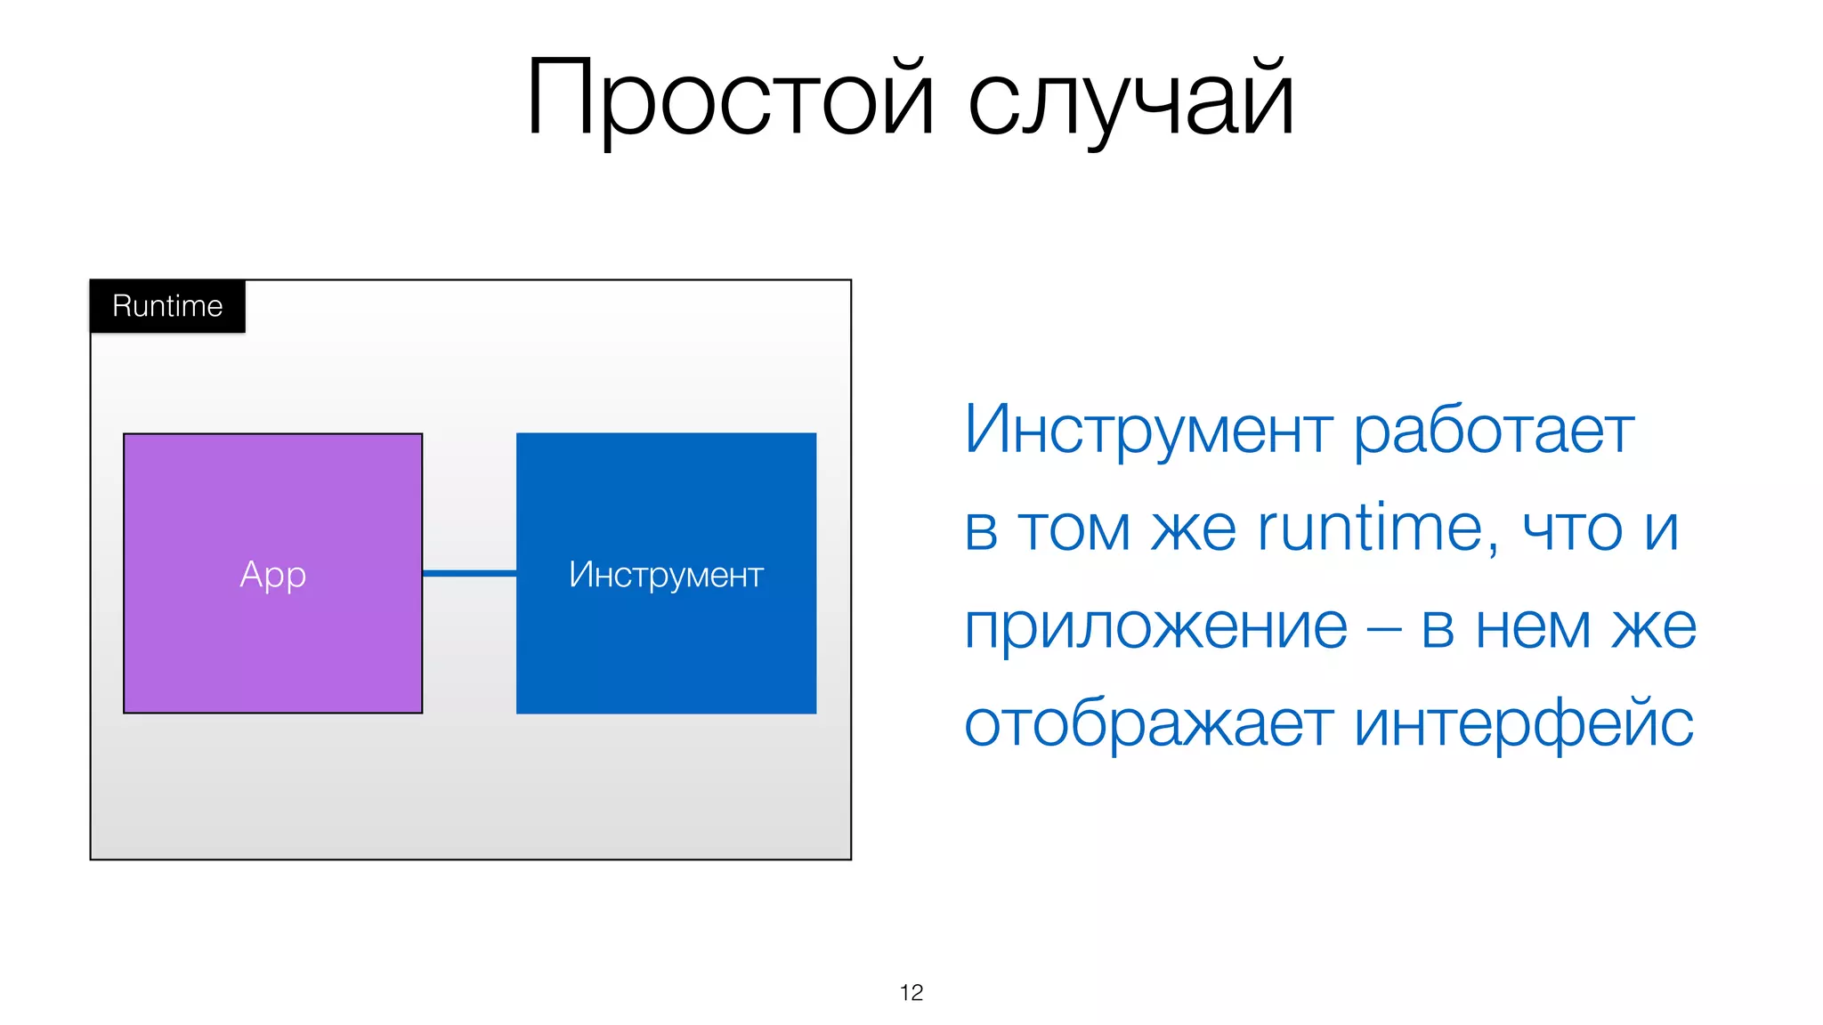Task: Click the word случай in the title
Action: pyautogui.click(x=1130, y=98)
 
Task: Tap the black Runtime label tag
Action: pyautogui.click(x=167, y=306)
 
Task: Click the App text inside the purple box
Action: pyautogui.click(x=273, y=575)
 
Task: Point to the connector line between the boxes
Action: pyautogui.click(x=469, y=574)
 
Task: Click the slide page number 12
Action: pyautogui.click(x=911, y=993)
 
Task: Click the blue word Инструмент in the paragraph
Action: pyautogui.click(x=1148, y=430)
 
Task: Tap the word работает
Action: pyautogui.click(x=1494, y=430)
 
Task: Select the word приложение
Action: pyautogui.click(x=1155, y=627)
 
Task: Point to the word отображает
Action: pyautogui.click(x=1148, y=725)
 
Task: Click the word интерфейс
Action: pyautogui.click(x=1524, y=725)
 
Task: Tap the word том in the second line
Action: pyautogui.click(x=1074, y=530)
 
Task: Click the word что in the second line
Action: pyautogui.click(x=1573, y=530)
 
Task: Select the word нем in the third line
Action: pyautogui.click(x=1533, y=628)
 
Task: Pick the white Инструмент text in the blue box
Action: pyautogui.click(x=666, y=575)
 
